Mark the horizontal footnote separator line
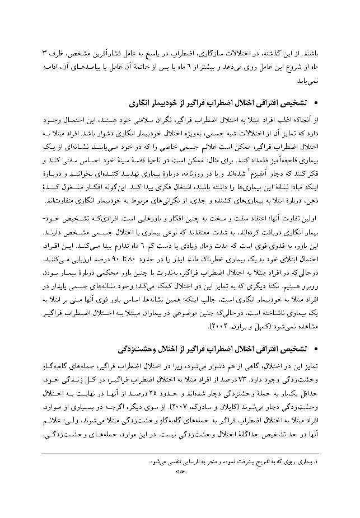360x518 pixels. (x=235, y=454)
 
